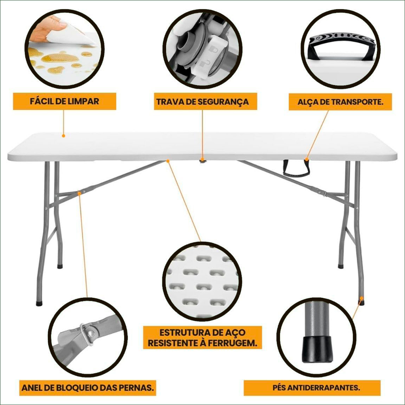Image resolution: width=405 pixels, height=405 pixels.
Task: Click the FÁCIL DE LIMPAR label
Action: [64, 101]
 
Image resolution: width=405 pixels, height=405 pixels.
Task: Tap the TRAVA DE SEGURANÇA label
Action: [202, 102]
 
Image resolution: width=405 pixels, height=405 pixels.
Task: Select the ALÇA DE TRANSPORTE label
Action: [341, 102]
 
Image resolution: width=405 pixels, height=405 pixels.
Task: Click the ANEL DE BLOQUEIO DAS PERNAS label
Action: [87, 388]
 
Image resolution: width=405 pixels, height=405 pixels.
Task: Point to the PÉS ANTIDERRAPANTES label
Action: [316, 388]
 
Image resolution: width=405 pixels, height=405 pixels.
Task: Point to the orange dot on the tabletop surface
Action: [64, 136]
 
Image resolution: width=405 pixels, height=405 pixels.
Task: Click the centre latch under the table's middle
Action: [203, 161]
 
